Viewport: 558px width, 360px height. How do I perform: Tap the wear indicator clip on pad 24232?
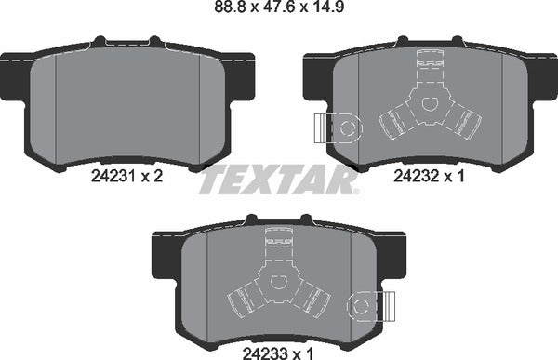coord(336,127)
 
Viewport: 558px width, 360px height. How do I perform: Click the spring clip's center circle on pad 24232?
coord(429,105)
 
